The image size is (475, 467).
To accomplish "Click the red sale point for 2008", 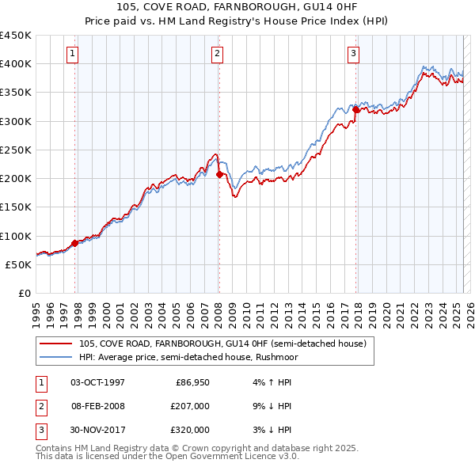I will (x=219, y=174).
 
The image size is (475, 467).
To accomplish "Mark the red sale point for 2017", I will (x=356, y=110).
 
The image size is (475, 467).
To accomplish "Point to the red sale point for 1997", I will (x=75, y=243).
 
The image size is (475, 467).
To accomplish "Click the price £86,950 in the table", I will (x=191, y=382).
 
